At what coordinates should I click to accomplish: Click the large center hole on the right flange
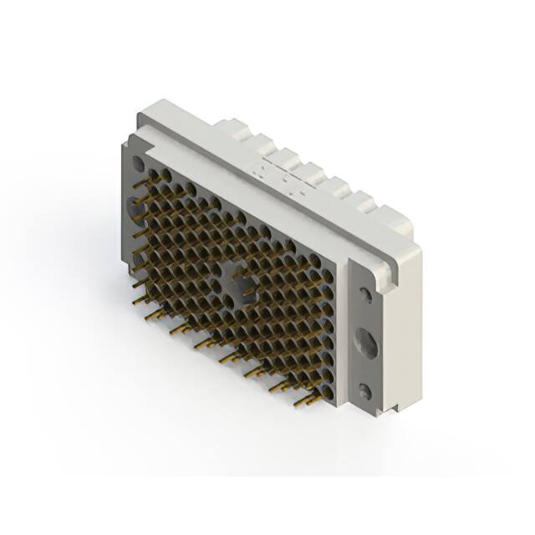click(365, 342)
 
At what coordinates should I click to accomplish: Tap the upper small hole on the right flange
click(365, 294)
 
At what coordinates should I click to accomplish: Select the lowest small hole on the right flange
click(364, 390)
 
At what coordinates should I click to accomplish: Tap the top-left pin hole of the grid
click(152, 173)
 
